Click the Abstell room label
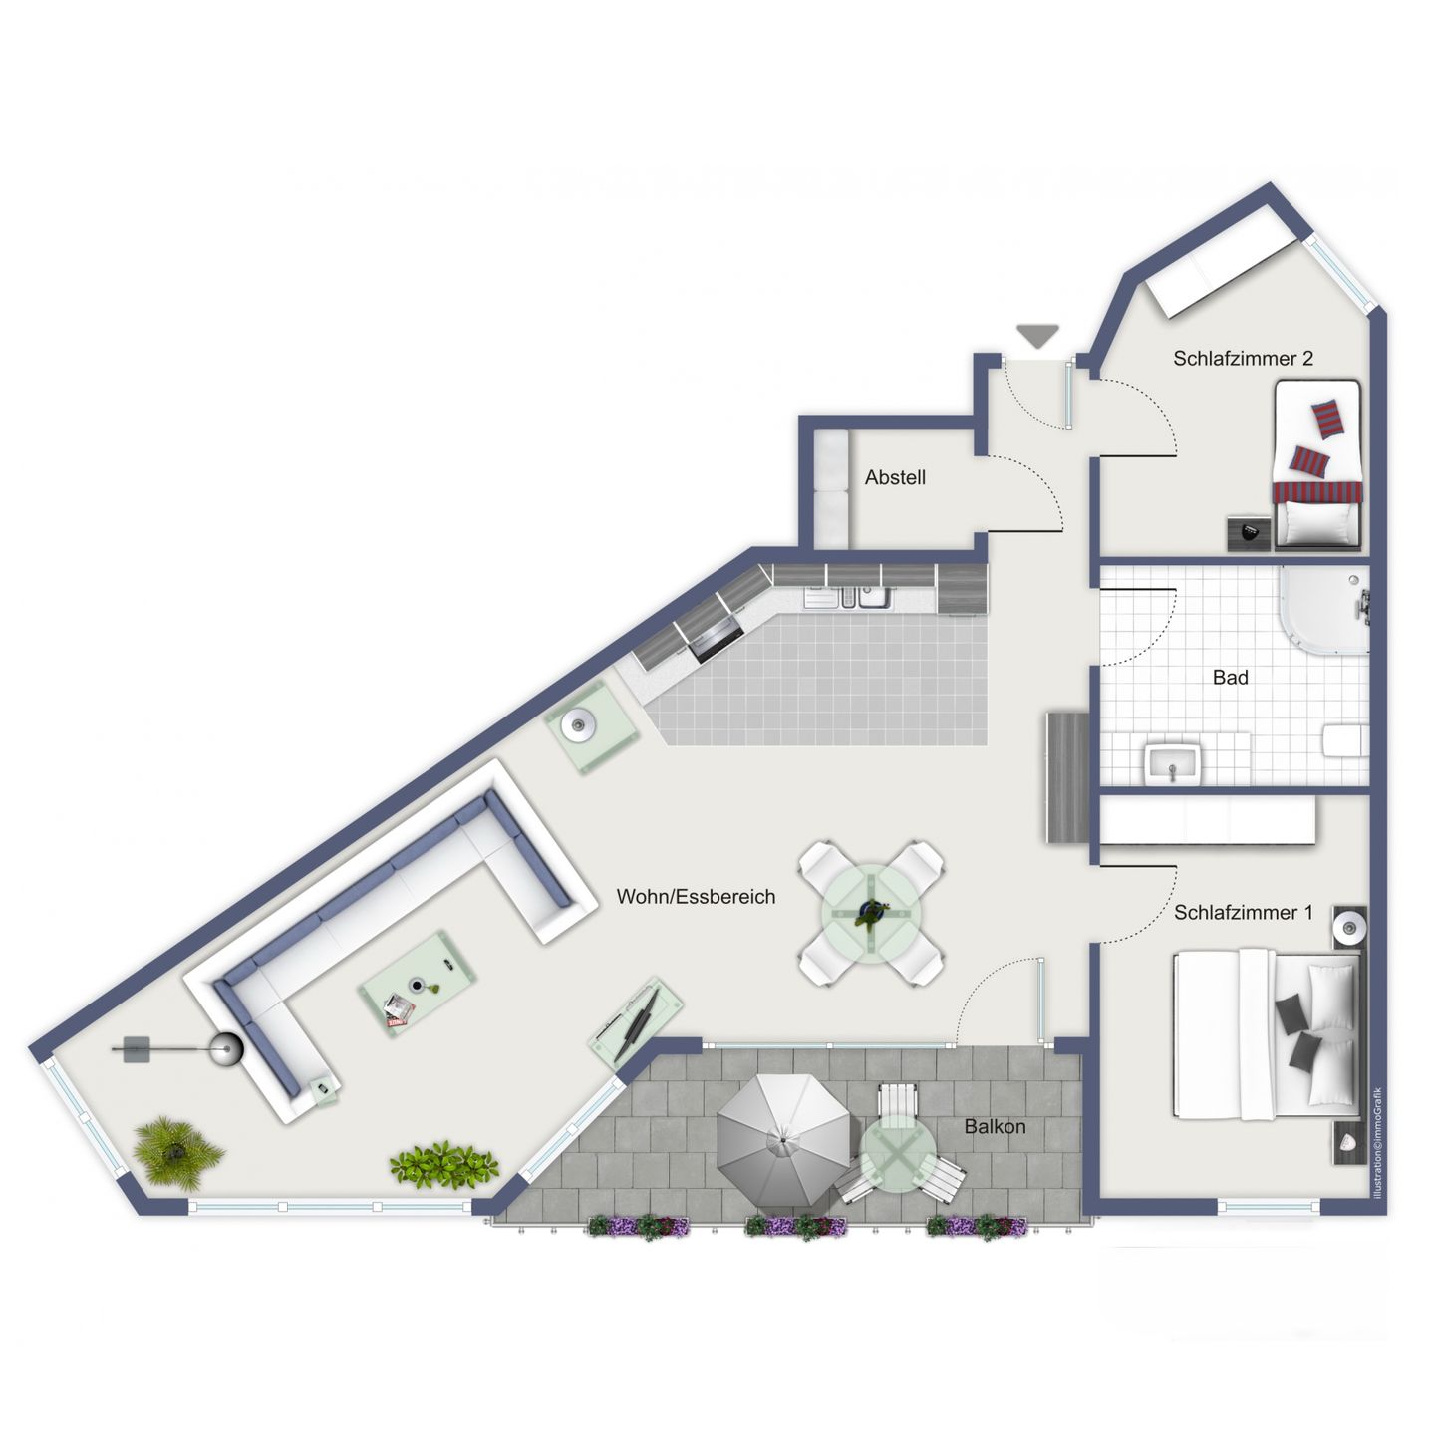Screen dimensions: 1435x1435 895,477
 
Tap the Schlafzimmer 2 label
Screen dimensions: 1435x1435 1243,358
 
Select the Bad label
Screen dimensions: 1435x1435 1230,678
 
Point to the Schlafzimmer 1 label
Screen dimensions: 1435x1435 1243,912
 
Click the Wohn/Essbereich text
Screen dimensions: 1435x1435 696,896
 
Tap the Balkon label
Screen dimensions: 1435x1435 995,1127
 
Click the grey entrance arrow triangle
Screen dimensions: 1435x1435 1038,336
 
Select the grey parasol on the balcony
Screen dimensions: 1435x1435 784,1140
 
